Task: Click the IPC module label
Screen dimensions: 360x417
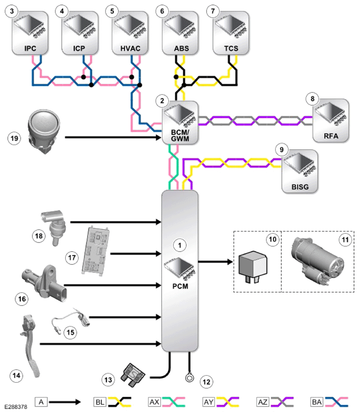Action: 30,48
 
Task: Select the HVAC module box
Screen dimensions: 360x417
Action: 130,33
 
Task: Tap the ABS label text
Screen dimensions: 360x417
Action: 181,48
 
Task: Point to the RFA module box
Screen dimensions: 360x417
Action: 331,120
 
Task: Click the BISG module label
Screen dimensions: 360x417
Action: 300,187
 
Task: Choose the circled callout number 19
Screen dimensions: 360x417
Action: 14,138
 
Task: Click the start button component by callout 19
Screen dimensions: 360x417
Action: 44,131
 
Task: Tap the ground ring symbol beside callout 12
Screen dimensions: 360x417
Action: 189,378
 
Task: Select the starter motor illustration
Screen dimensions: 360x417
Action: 318,262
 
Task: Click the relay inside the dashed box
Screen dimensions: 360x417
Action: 252,267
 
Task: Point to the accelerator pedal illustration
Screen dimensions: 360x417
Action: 29,346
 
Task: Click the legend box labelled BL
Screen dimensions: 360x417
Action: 100,402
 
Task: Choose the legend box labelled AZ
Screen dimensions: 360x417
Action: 263,402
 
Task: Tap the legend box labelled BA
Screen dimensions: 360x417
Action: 317,402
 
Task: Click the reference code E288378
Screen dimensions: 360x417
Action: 16,407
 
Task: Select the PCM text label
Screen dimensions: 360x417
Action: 180,286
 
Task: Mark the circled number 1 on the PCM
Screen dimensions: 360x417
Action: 180,245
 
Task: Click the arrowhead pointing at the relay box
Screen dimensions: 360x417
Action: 230,262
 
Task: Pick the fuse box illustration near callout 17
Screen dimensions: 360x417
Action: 96,251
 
